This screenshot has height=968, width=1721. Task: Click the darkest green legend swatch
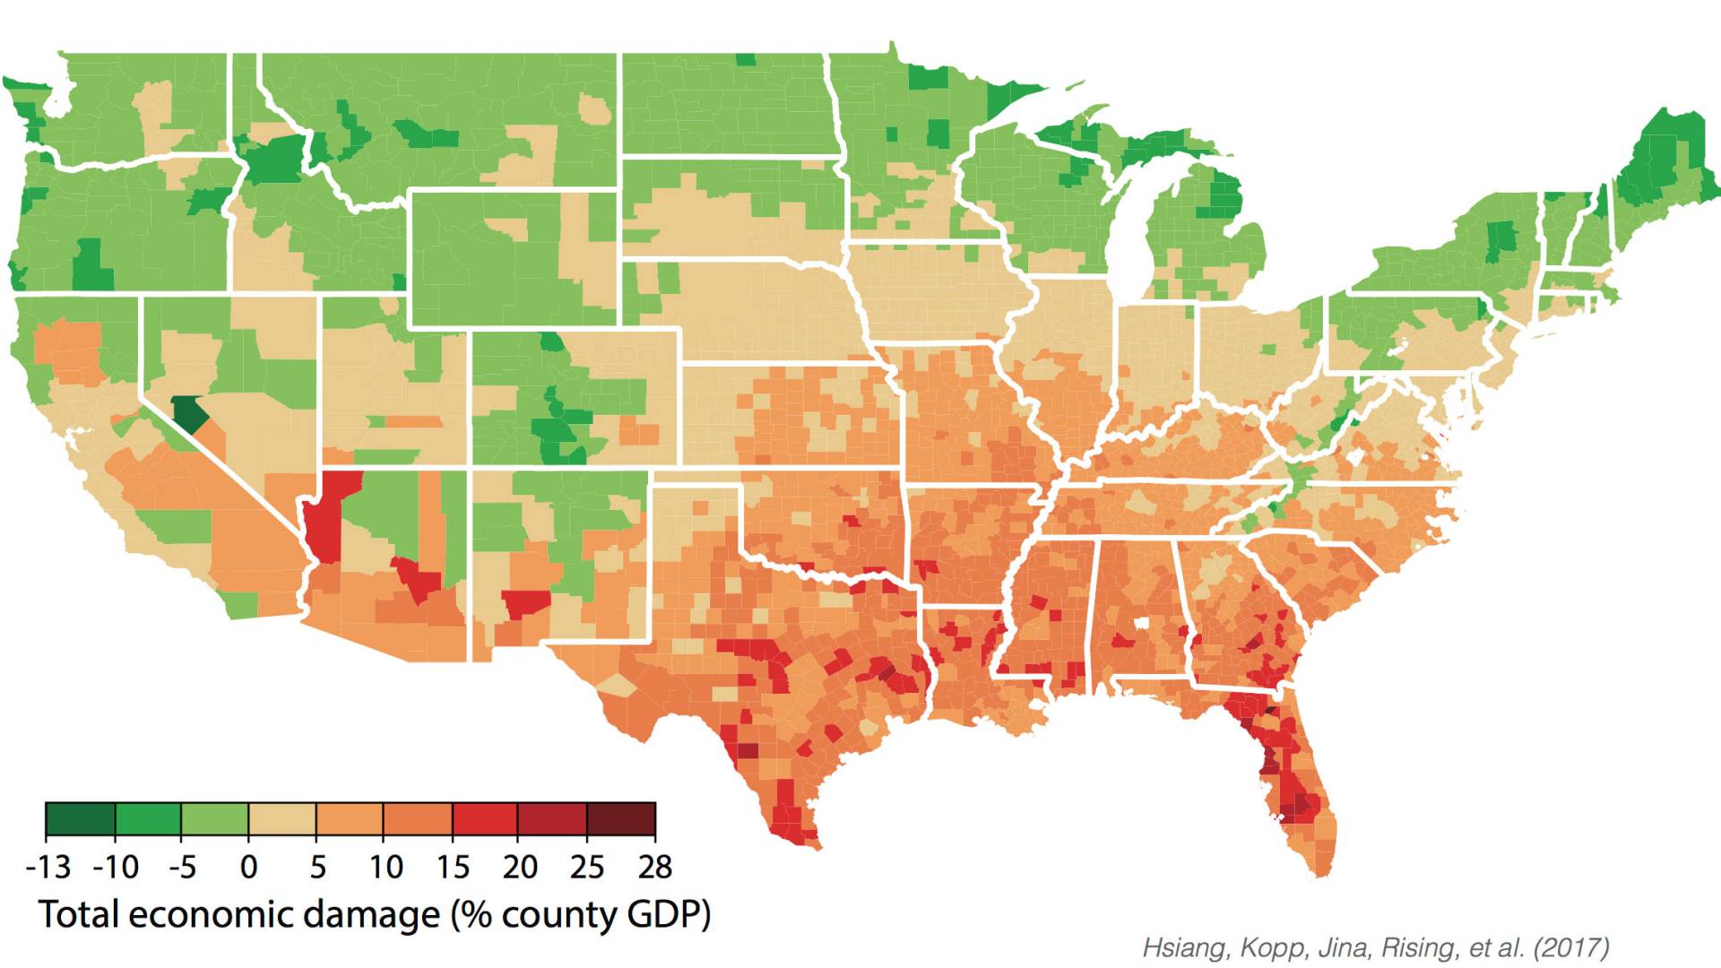pos(80,819)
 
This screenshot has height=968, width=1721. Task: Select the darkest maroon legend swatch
pos(621,819)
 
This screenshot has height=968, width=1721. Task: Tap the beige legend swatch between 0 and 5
pos(282,819)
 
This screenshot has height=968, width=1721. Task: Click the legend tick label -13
pos(48,868)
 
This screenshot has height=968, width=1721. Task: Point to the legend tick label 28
pos(655,868)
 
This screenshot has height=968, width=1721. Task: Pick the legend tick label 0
pos(249,868)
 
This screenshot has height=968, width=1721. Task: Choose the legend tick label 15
pos(453,868)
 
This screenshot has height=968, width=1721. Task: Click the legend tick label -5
pos(182,868)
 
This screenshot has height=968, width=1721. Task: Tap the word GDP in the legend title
pos(667,915)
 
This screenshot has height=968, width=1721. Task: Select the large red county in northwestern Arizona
pos(327,515)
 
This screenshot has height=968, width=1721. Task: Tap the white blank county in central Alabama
pos(1142,624)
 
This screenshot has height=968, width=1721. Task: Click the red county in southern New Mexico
pos(524,602)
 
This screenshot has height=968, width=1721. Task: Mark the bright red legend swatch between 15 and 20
pos(486,819)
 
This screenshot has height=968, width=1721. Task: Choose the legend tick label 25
pos(587,868)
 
